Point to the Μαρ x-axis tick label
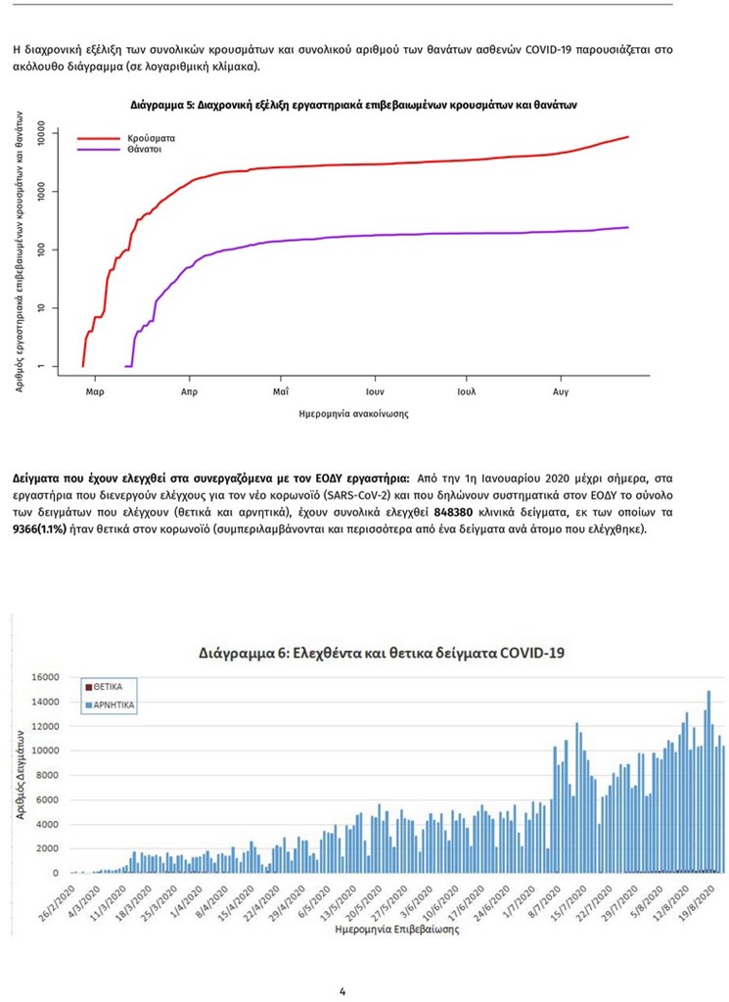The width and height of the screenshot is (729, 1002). click(95, 390)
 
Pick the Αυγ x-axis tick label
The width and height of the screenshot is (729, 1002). click(560, 390)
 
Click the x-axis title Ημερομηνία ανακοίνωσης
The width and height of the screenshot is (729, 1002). click(354, 414)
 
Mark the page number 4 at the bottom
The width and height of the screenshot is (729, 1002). click(342, 991)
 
